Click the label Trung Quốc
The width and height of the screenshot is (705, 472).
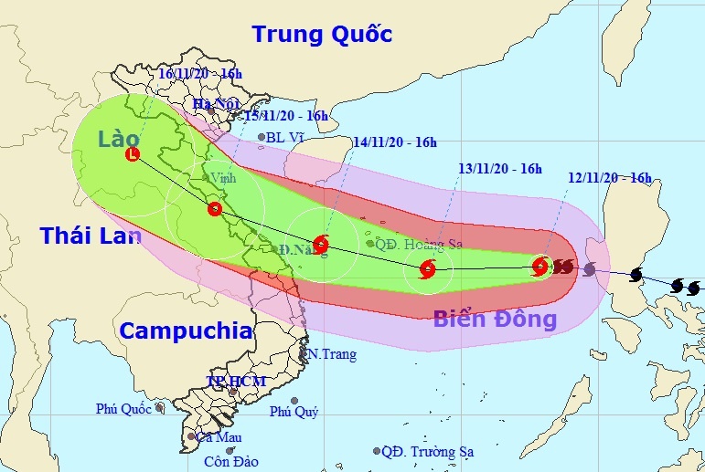pos(322,35)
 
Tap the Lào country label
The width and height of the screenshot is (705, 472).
pos(120,138)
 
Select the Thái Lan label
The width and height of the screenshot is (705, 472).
pos(91,236)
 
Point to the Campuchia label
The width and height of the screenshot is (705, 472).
pos(187,330)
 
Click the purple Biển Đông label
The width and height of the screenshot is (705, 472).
pos(495,319)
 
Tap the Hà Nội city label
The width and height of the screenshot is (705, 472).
pos(217,104)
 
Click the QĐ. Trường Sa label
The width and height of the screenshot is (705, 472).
pos(429,451)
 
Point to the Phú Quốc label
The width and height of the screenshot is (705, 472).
pos(124,409)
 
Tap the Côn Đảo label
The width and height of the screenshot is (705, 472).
pos(230,461)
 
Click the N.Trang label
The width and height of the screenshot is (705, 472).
pos(331,354)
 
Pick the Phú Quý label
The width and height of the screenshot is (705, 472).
pos(294,412)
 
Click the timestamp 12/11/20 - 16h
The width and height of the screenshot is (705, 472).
pos(609,178)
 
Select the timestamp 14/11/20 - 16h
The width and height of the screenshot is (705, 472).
pos(394,142)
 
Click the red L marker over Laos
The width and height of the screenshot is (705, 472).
pos(134,154)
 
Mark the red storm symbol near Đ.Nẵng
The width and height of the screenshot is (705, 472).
pos(320,244)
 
